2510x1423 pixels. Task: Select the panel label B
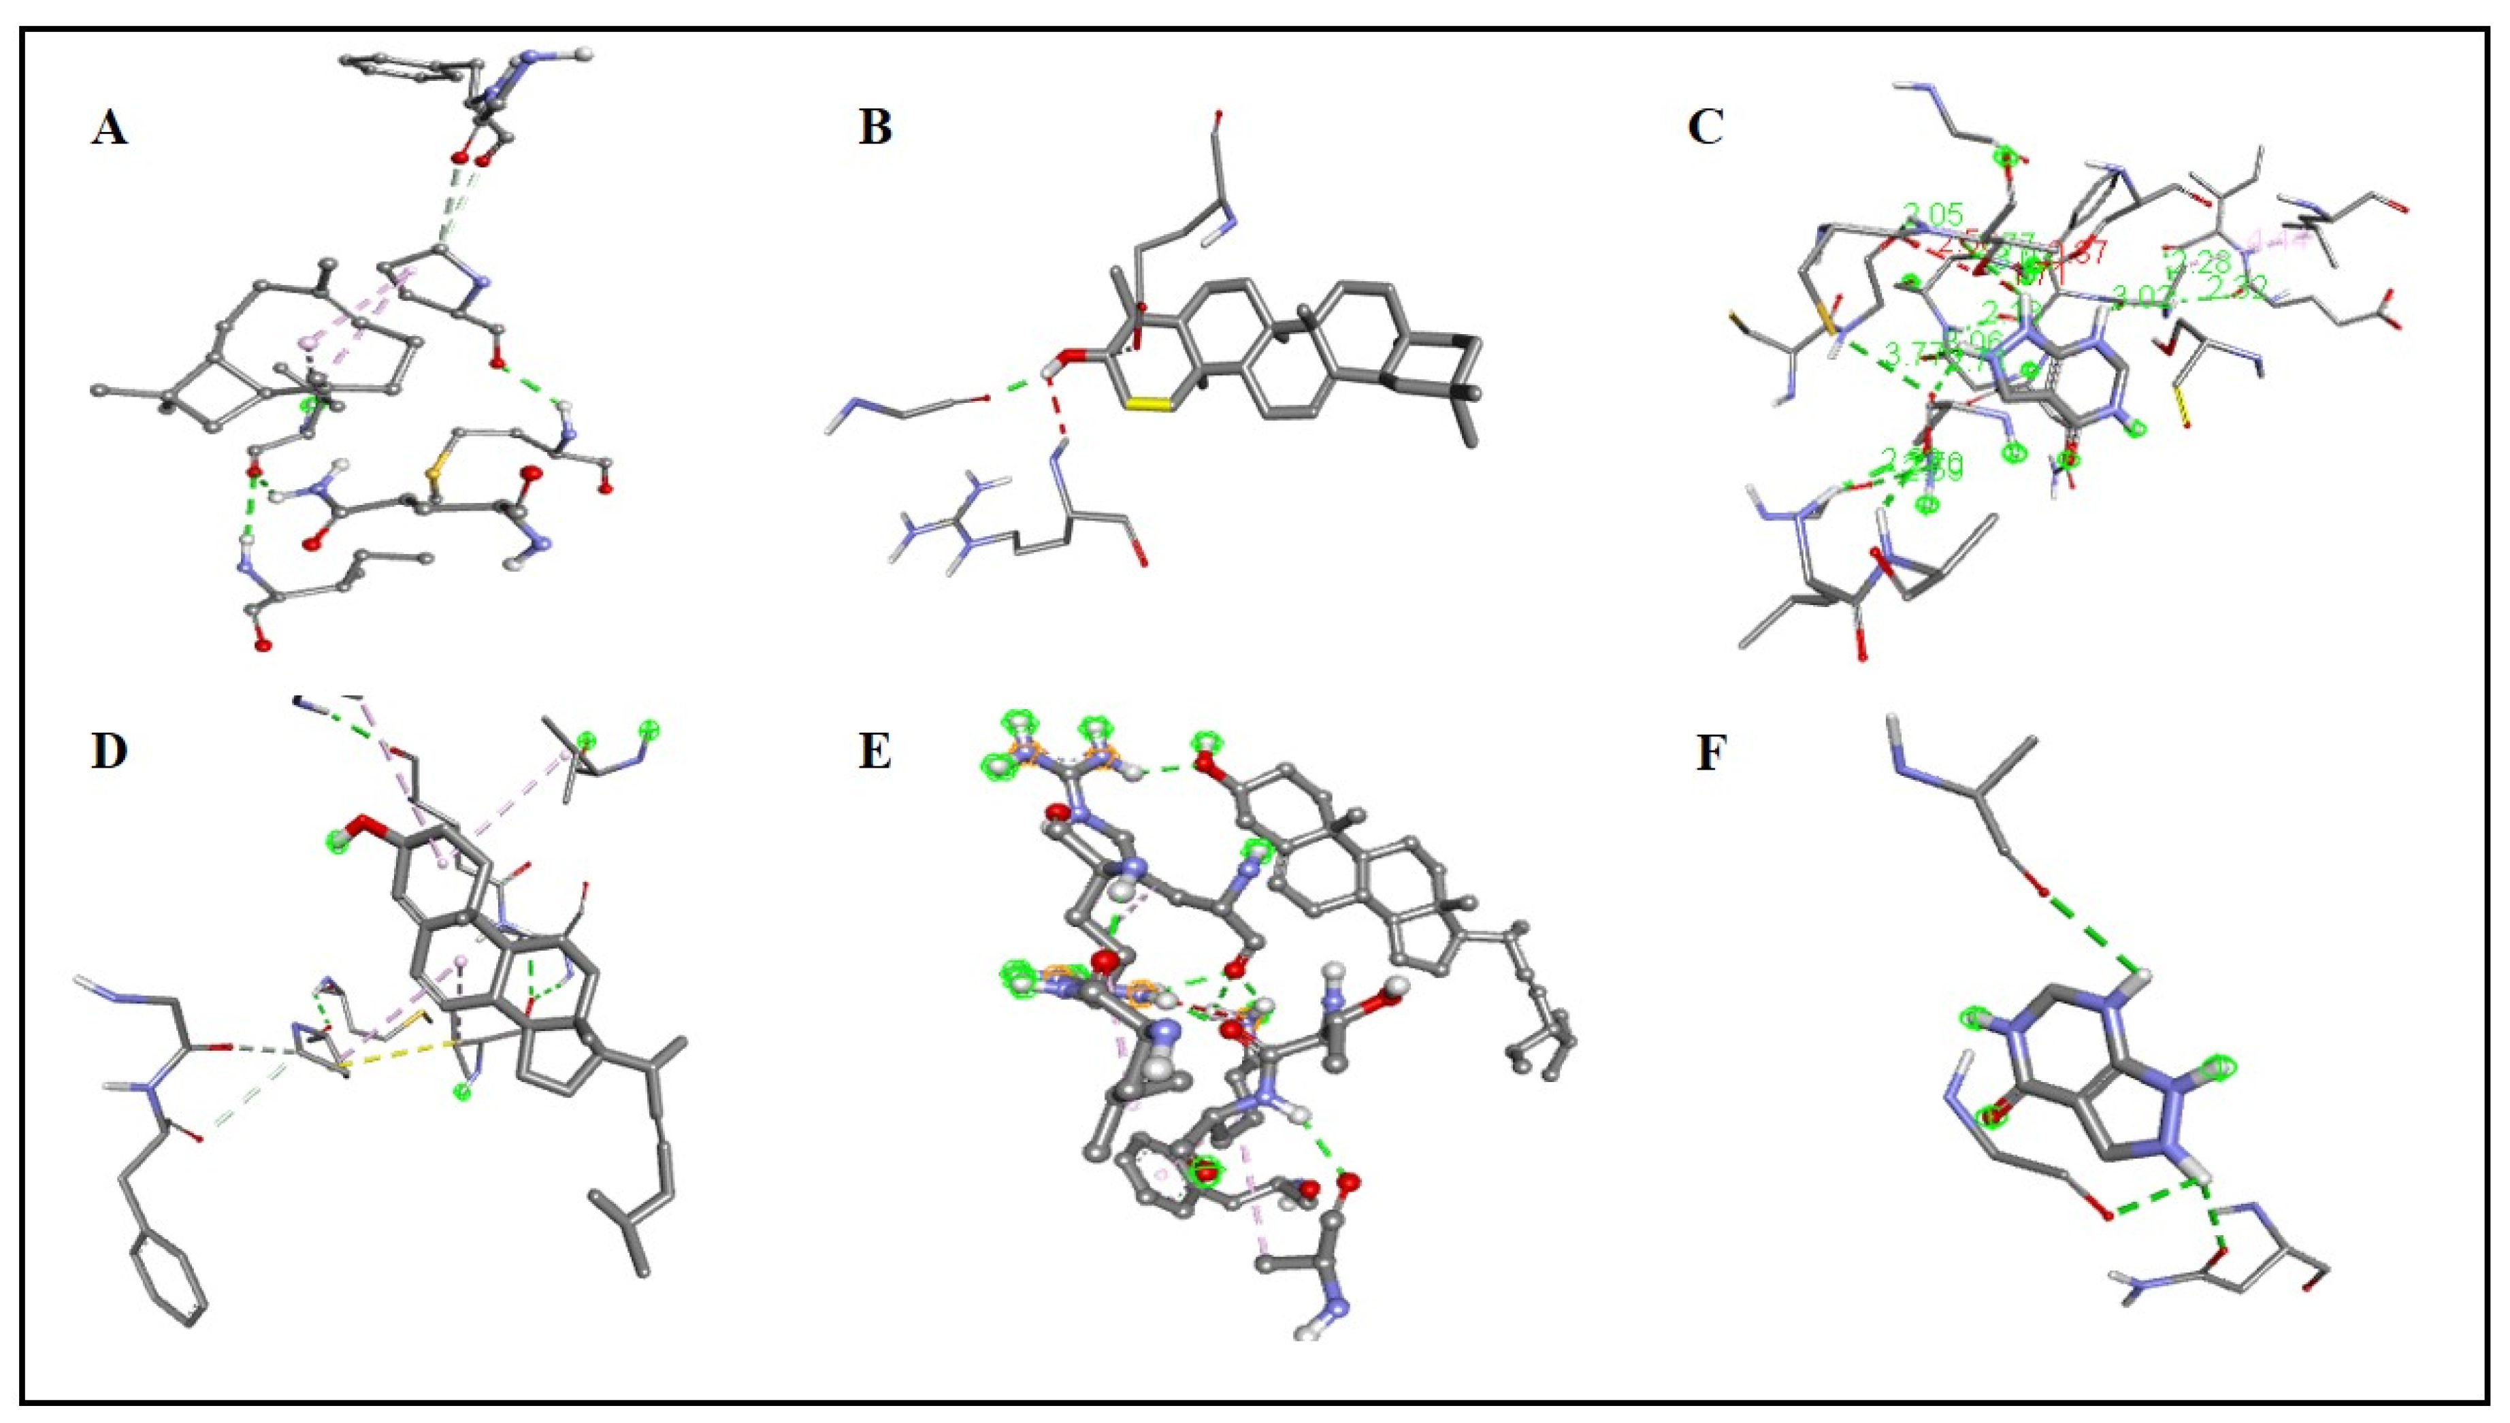pos(875,127)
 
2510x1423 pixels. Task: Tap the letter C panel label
pos(1706,127)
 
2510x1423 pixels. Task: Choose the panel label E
pos(875,753)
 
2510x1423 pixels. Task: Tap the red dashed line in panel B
pos(1056,414)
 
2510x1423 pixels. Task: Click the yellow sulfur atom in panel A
pos(431,475)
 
